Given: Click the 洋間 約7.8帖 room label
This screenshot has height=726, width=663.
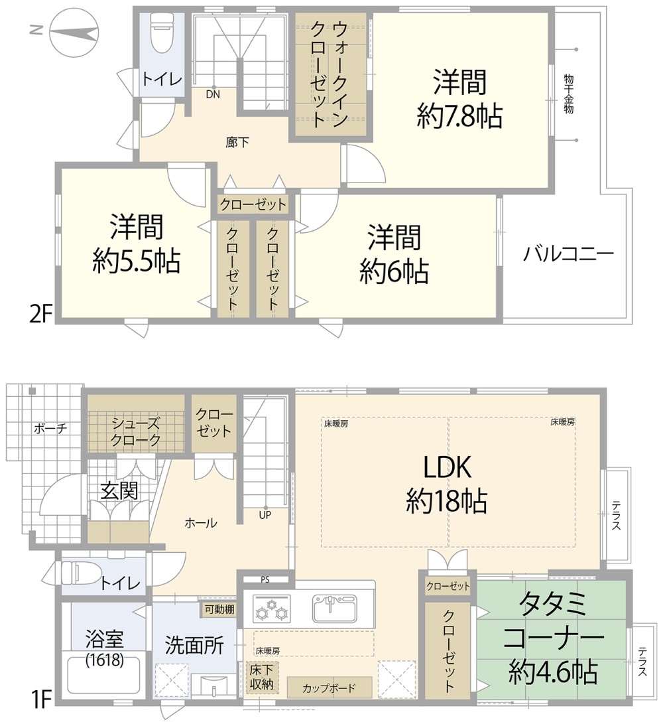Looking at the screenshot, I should (x=459, y=99).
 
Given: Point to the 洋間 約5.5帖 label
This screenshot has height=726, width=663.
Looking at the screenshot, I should (x=136, y=244).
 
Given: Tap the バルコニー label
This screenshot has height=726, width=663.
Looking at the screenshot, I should (x=568, y=254).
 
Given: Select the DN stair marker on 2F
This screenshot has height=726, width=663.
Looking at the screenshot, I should (x=213, y=94).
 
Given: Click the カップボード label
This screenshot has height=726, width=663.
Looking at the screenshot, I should (x=330, y=688).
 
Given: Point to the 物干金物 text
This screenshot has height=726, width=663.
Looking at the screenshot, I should (x=568, y=93).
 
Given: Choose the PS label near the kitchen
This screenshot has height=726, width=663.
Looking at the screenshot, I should (x=265, y=579).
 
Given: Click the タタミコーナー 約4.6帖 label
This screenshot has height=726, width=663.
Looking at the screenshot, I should (x=553, y=638).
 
